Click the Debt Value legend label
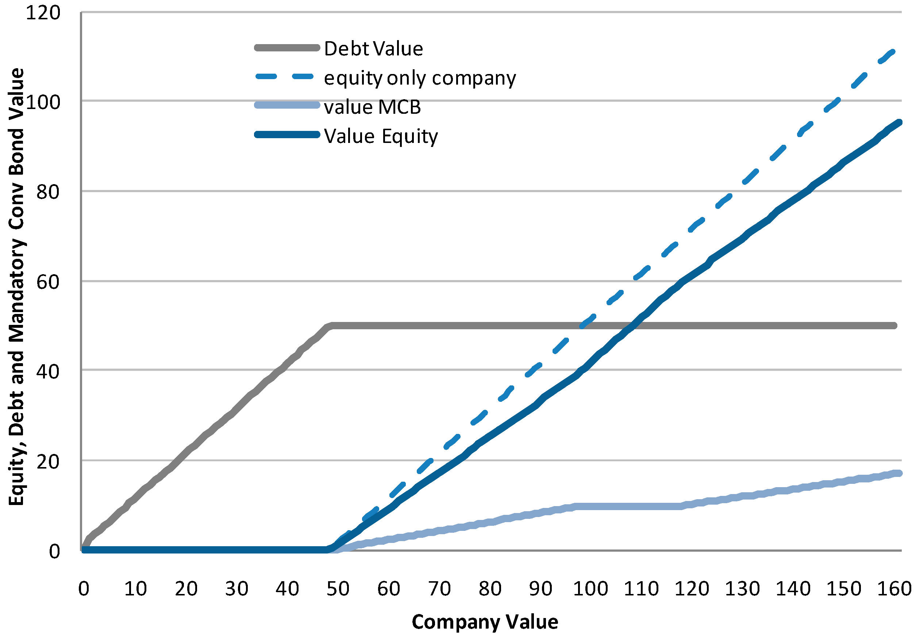pos(373,48)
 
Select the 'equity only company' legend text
pos(420,78)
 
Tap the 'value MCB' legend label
pos(372,107)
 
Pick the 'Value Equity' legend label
pos(381,136)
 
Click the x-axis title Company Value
pos(485,621)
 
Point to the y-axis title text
pos(17,287)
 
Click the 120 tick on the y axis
pos(43,12)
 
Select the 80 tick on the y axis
pos(47,192)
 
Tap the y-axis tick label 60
pos(47,282)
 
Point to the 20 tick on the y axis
pos(47,462)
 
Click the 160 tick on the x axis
pos(894,589)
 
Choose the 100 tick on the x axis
pos(590,589)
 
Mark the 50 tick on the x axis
pos(338,589)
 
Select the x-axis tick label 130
pos(742,589)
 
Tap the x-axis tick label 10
pos(135,589)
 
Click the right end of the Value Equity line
pos(899,123)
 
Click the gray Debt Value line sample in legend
pos(287,48)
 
